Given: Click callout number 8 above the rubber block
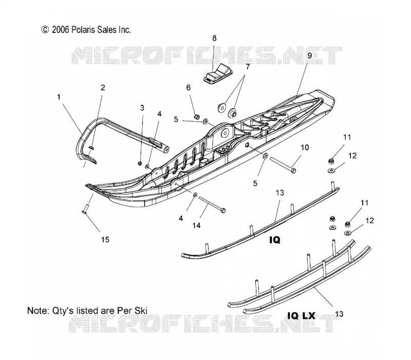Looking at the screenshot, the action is (x=214, y=38).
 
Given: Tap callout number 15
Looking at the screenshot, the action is (x=105, y=240).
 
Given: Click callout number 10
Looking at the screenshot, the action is (x=305, y=148).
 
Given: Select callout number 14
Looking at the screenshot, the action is (x=196, y=225).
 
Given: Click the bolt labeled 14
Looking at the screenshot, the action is (x=212, y=204).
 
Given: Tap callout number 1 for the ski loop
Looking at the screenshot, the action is (x=59, y=97).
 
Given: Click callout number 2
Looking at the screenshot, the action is (x=103, y=87).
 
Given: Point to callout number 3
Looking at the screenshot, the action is (x=142, y=108).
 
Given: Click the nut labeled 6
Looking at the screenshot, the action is (x=197, y=116).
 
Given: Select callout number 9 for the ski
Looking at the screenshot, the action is (x=310, y=56).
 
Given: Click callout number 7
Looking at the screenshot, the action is (x=248, y=67).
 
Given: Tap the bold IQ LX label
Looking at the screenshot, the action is (x=301, y=315).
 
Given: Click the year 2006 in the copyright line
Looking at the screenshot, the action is (x=61, y=30).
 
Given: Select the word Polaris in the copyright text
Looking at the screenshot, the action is (x=83, y=30).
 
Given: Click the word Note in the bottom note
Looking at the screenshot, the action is (x=38, y=311).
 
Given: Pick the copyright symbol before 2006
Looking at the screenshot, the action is (x=45, y=30).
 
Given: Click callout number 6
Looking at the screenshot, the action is (x=189, y=87).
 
